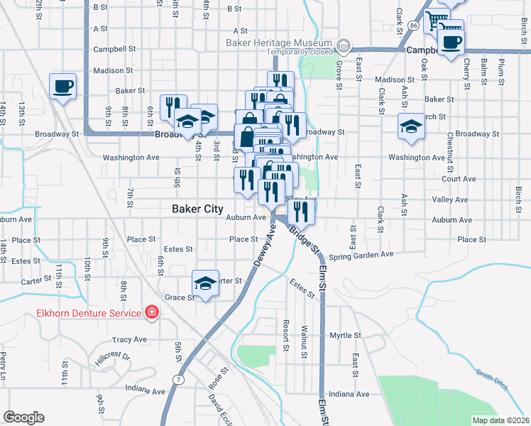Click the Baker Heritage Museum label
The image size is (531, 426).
pos(279,43)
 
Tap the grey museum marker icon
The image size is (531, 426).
pos(344,47)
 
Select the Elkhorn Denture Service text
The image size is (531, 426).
pos(89,312)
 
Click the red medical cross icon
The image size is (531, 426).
pos(150,312)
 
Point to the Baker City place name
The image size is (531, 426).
pos(197,209)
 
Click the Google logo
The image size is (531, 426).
pos(23,417)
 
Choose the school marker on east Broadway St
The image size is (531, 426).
pos(410,126)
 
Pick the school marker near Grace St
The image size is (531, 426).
pos(204,284)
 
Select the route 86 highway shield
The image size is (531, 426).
pos(413,25)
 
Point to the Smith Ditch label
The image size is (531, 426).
pos(492,380)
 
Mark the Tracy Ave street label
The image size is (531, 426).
pos(128,339)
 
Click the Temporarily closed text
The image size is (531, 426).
pos(300,52)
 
